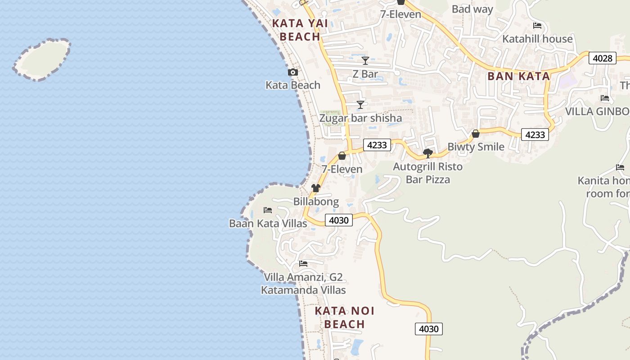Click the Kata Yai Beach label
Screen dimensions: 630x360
point(300,30)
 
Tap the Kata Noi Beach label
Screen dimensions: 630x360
point(344,317)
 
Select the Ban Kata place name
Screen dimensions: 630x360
point(518,76)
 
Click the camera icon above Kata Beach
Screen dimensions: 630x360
point(292,72)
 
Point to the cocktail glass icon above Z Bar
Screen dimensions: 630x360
point(365,61)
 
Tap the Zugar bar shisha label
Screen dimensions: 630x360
point(360,118)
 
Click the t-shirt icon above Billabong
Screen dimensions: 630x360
point(316,188)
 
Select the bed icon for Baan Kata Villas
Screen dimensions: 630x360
point(268,210)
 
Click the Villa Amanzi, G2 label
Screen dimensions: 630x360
point(303,277)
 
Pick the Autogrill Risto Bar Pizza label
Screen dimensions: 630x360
point(427,173)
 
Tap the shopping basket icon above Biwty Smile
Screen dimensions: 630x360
point(475,134)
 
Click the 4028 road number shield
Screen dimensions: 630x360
point(602,58)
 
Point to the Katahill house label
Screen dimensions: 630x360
point(537,39)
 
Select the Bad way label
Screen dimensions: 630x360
point(472,9)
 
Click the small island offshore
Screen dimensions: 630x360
point(42,59)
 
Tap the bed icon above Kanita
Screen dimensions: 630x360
point(620,167)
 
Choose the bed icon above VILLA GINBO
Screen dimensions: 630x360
point(605,98)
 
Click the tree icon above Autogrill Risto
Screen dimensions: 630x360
point(428,153)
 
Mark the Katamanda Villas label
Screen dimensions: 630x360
point(303,290)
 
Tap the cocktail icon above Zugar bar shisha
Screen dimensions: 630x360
point(360,105)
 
